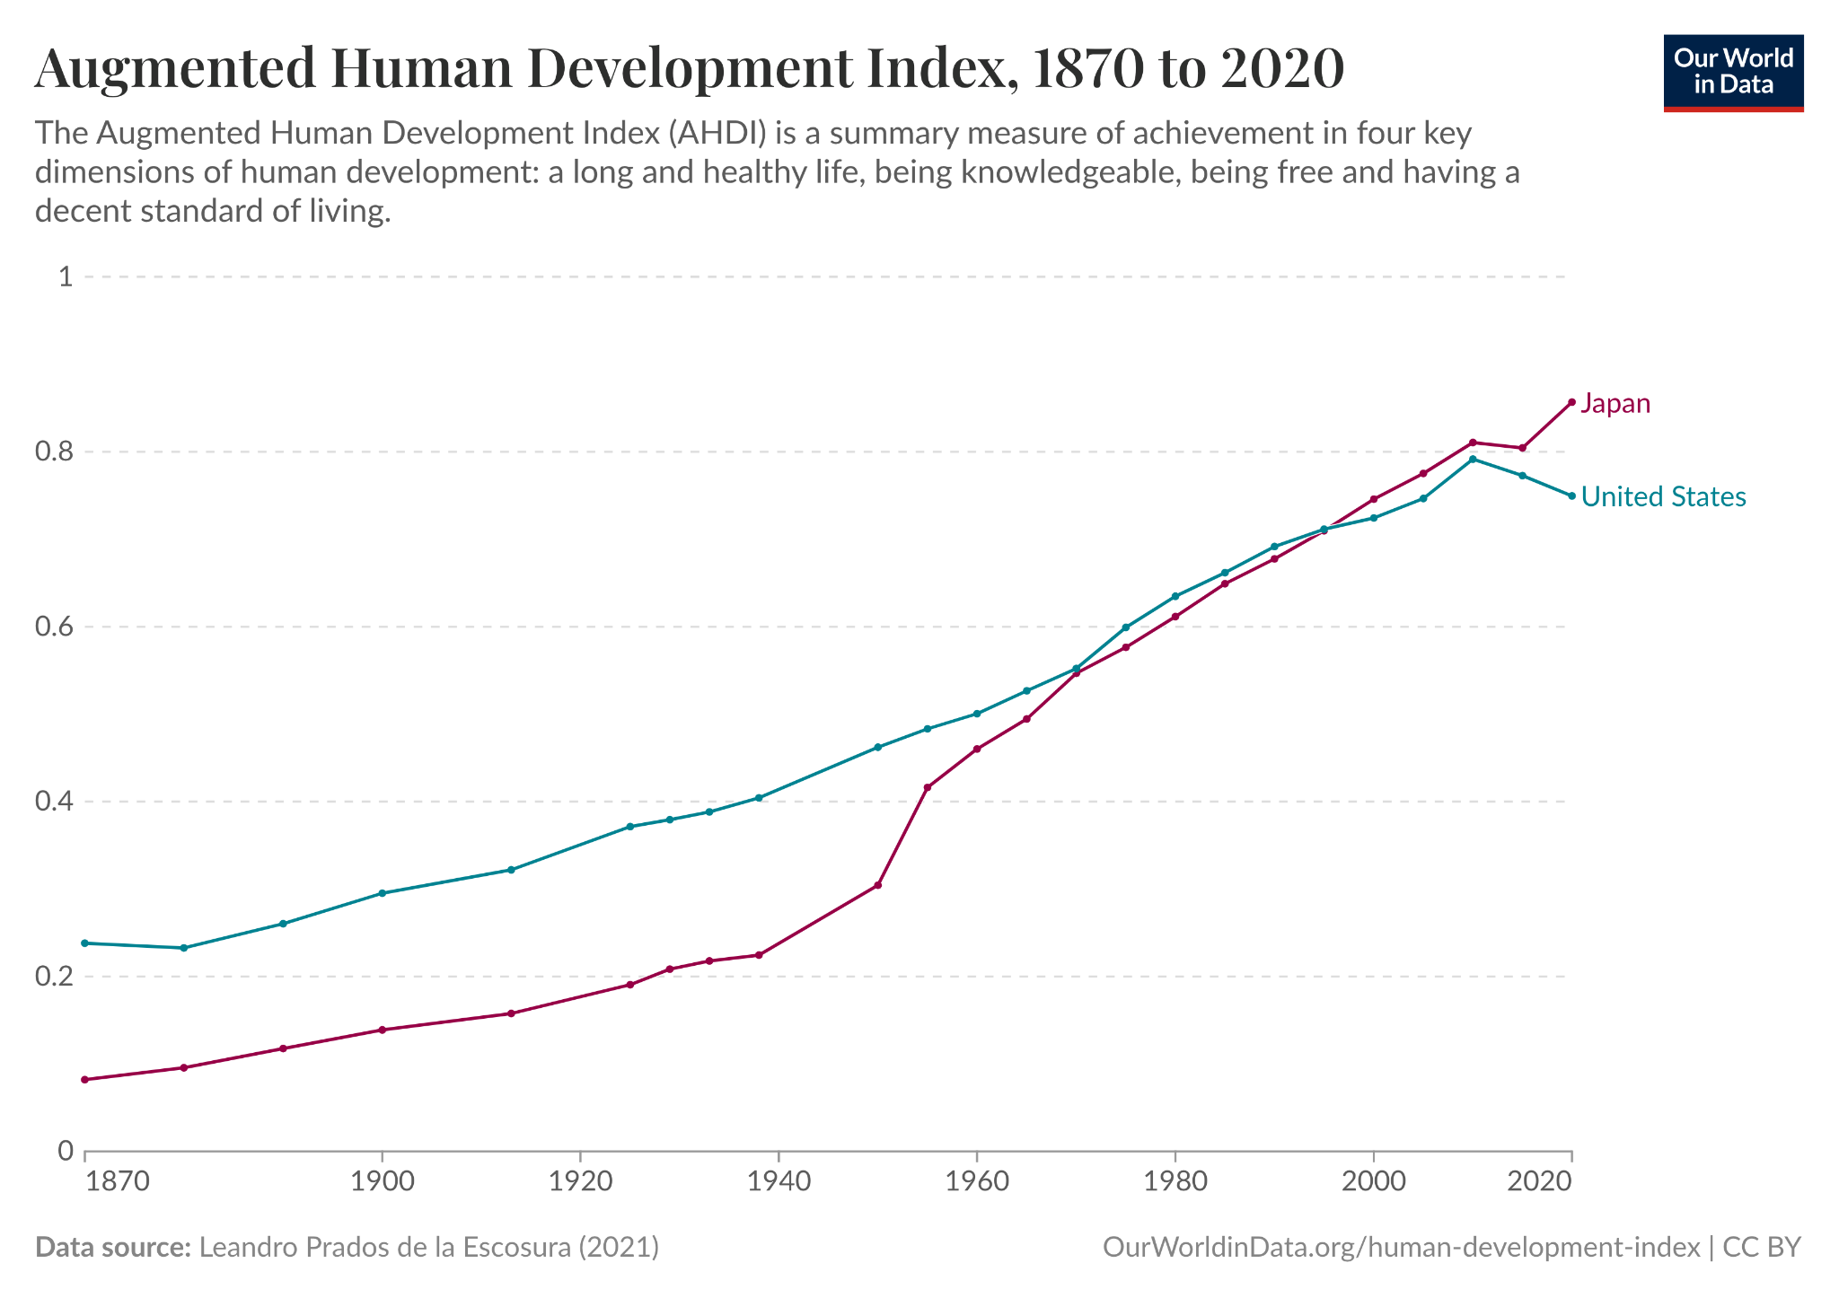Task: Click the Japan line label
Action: (x=1615, y=404)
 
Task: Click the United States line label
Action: (x=1663, y=497)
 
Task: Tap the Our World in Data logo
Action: (x=1733, y=73)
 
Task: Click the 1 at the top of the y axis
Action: (x=65, y=276)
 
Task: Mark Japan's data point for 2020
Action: (x=1571, y=402)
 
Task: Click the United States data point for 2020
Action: (x=1571, y=496)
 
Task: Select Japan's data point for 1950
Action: (x=878, y=886)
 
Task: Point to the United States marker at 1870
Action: (x=85, y=943)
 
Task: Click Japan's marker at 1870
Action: (x=85, y=1080)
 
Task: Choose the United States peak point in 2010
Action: (x=1473, y=460)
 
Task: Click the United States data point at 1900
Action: (x=383, y=893)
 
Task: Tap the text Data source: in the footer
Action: (x=112, y=1248)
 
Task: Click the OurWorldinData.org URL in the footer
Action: (x=1401, y=1248)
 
